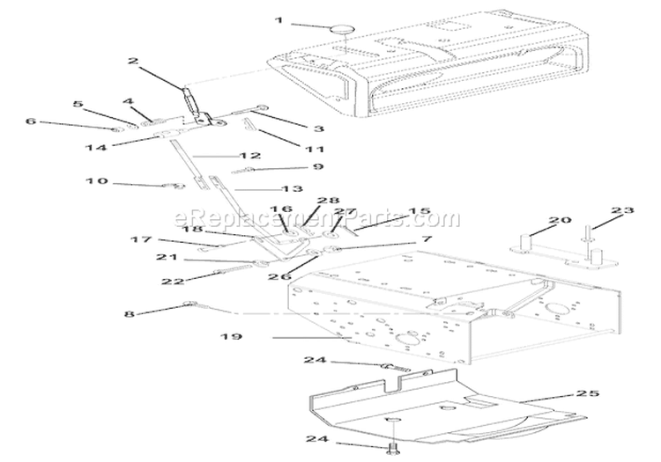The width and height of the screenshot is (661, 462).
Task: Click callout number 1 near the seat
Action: coord(279,20)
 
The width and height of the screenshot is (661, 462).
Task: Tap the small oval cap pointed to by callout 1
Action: coord(340,30)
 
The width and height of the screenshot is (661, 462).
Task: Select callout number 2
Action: coord(132,62)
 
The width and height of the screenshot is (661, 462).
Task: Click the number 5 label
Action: coord(78,105)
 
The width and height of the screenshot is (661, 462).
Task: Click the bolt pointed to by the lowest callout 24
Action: coord(388,449)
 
